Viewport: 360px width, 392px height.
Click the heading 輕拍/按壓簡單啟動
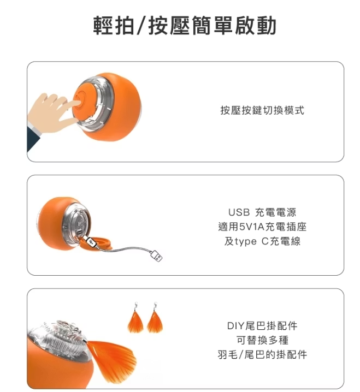click(x=185, y=25)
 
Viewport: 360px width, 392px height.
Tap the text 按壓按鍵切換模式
click(x=262, y=110)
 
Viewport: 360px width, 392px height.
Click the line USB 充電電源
click(x=262, y=212)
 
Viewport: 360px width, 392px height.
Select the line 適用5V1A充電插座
click(x=262, y=227)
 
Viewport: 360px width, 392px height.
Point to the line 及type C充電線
click(x=262, y=241)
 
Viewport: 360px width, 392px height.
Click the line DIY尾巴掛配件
click(x=262, y=326)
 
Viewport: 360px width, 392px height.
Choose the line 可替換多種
click(x=262, y=340)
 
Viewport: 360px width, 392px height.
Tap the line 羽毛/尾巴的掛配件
click(x=262, y=354)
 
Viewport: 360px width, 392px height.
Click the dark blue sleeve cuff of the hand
click(x=33, y=138)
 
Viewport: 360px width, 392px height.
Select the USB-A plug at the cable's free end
click(x=157, y=256)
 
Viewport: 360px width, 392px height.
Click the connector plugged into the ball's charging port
click(x=91, y=242)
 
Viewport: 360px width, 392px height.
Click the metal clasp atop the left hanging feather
click(x=135, y=306)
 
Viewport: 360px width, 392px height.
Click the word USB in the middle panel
click(x=239, y=212)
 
